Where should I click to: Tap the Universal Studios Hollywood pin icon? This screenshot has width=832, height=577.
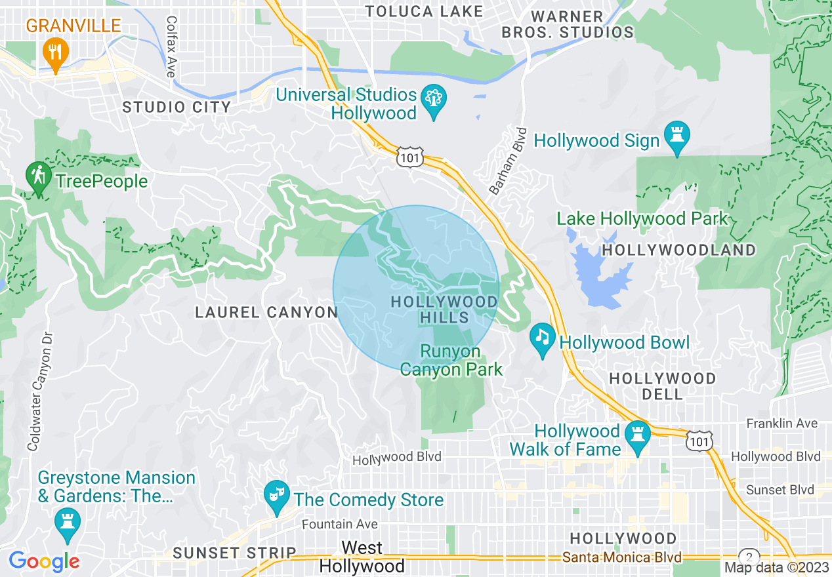point(433,100)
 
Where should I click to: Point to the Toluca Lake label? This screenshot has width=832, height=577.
point(424,11)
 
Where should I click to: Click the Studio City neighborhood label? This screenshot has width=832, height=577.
point(177,107)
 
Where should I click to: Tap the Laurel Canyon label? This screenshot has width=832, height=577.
point(266,313)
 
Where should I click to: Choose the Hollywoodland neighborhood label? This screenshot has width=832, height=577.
point(679,250)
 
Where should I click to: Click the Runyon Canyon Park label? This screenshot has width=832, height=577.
point(451,361)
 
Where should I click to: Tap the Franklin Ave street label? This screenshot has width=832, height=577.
point(782,424)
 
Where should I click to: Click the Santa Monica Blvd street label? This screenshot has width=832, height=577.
point(622,557)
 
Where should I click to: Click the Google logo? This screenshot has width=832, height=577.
point(44,561)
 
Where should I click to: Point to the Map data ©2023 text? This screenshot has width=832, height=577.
point(775,567)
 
